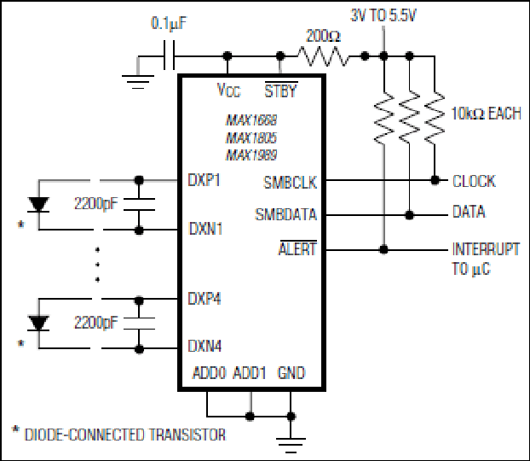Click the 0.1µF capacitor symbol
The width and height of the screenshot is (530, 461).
tap(169, 55)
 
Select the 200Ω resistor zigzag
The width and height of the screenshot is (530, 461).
tap(323, 56)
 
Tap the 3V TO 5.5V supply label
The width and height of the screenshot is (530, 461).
tap(383, 15)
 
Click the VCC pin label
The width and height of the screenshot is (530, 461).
tap(228, 90)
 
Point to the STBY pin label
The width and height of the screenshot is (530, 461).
tap(280, 90)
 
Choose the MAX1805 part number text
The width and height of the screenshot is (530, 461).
tap(251, 137)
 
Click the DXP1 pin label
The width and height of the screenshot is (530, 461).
tap(204, 180)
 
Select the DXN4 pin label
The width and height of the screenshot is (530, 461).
tap(205, 346)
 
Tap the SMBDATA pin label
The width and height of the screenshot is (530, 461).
tap(286, 214)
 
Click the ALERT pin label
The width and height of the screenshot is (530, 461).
tap(297, 248)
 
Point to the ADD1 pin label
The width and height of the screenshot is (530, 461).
tap(250, 372)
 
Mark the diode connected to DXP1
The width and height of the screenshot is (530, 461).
tap(38, 205)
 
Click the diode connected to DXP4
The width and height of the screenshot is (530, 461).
tap(38, 324)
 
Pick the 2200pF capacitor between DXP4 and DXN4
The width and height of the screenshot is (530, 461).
tap(139, 324)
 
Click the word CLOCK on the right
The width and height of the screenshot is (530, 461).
tap(474, 181)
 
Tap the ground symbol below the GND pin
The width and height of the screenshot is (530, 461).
tap(291, 445)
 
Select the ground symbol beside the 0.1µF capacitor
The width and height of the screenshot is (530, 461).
tap(138, 82)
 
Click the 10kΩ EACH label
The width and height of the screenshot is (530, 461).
tap(487, 114)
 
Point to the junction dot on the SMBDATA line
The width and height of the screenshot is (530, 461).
tap(409, 215)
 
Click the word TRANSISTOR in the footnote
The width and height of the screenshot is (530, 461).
tap(187, 435)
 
